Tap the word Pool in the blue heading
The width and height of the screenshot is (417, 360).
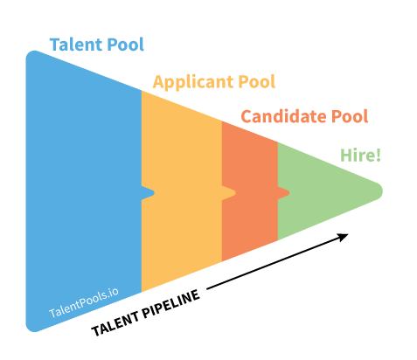click(126, 45)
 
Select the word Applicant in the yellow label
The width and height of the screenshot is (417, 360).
click(193, 82)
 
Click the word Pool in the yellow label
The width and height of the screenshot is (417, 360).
click(257, 81)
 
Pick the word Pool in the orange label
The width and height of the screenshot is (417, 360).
click(350, 116)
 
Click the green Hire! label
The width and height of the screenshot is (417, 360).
click(360, 155)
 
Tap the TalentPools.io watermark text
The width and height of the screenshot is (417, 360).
click(84, 303)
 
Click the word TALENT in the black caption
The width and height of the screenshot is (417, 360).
click(115, 322)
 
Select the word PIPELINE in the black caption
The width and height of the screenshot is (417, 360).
click(171, 303)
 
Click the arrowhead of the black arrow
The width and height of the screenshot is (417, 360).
click(343, 237)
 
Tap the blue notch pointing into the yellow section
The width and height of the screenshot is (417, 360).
click(148, 192)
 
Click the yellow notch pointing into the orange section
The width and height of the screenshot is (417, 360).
click(229, 192)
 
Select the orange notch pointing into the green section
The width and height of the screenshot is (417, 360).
click(283, 192)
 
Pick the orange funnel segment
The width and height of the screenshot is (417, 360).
click(250, 191)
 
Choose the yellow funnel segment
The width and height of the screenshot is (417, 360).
click(182, 191)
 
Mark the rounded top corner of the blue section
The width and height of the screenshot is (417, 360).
click(32, 55)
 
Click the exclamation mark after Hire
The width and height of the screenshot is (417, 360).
click(379, 155)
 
